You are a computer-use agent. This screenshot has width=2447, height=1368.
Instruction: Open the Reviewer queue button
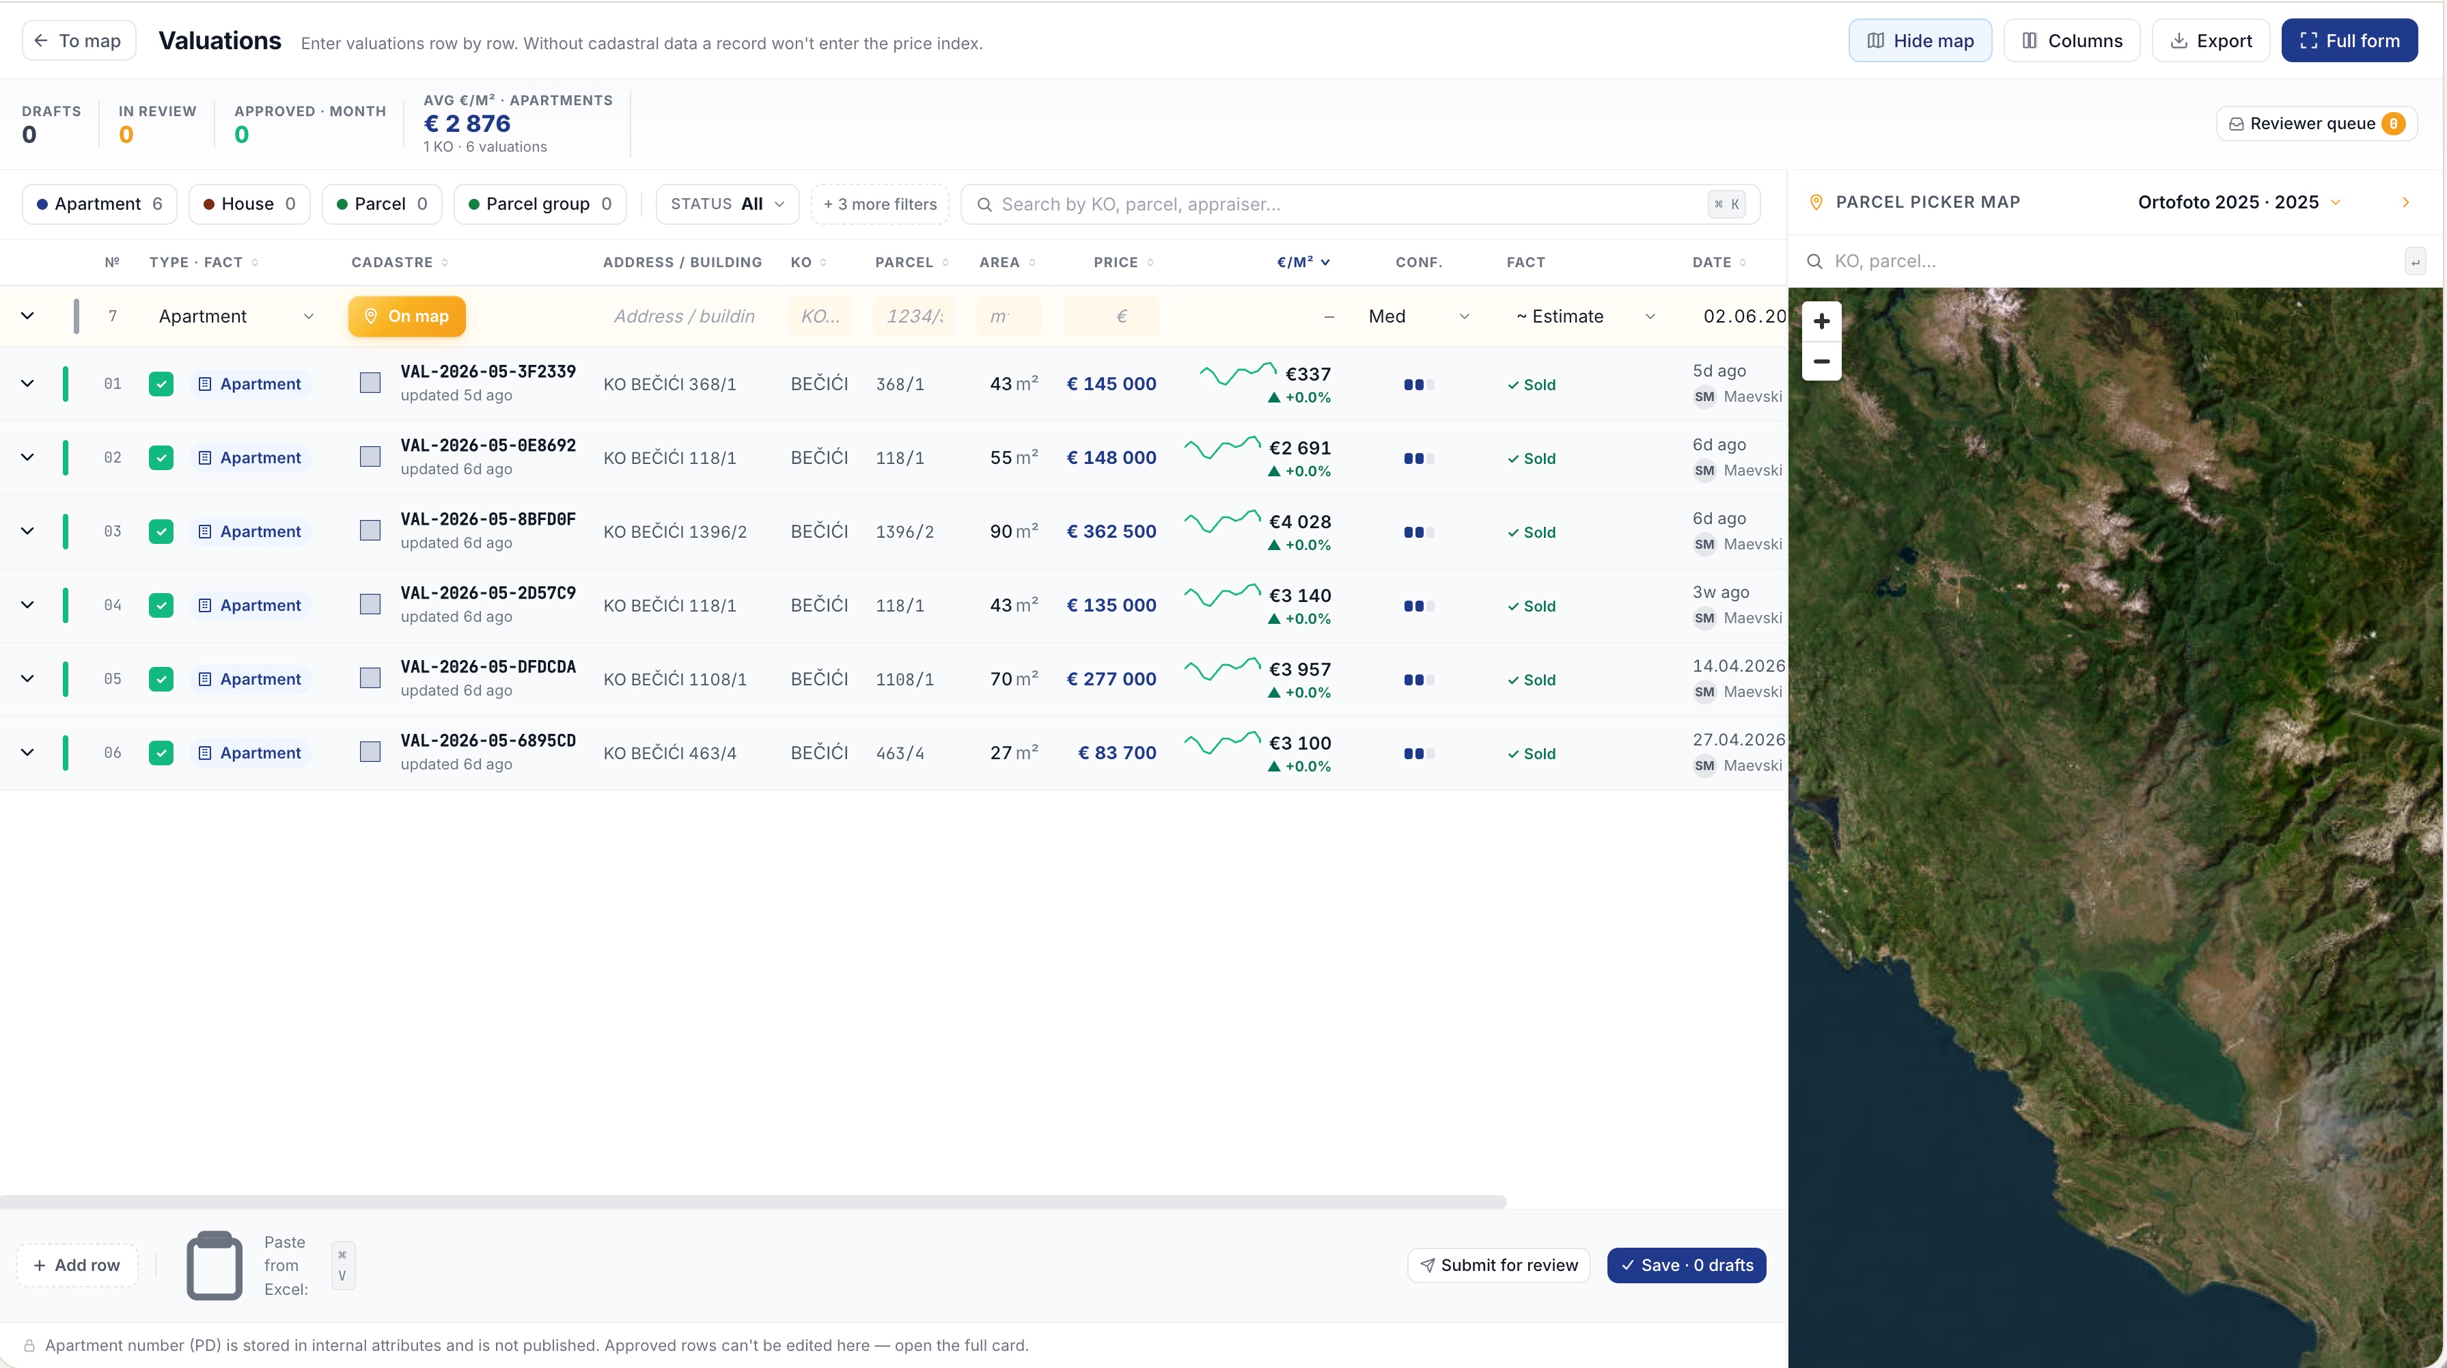(x=2316, y=124)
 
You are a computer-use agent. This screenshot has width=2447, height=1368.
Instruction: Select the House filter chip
(x=249, y=204)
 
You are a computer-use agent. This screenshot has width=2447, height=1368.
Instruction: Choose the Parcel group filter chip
(x=540, y=204)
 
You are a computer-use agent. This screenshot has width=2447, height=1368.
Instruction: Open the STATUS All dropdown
(x=727, y=204)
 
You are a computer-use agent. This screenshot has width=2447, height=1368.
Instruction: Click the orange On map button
(x=406, y=316)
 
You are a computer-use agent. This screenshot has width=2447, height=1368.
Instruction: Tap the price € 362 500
(x=1111, y=531)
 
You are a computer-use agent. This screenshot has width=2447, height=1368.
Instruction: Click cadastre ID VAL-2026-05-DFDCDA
(x=488, y=667)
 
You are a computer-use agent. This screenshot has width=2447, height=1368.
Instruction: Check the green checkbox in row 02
(x=161, y=458)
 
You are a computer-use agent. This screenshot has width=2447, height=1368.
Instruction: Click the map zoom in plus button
(x=1821, y=321)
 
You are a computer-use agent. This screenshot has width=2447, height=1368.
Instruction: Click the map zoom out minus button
(x=1821, y=361)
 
